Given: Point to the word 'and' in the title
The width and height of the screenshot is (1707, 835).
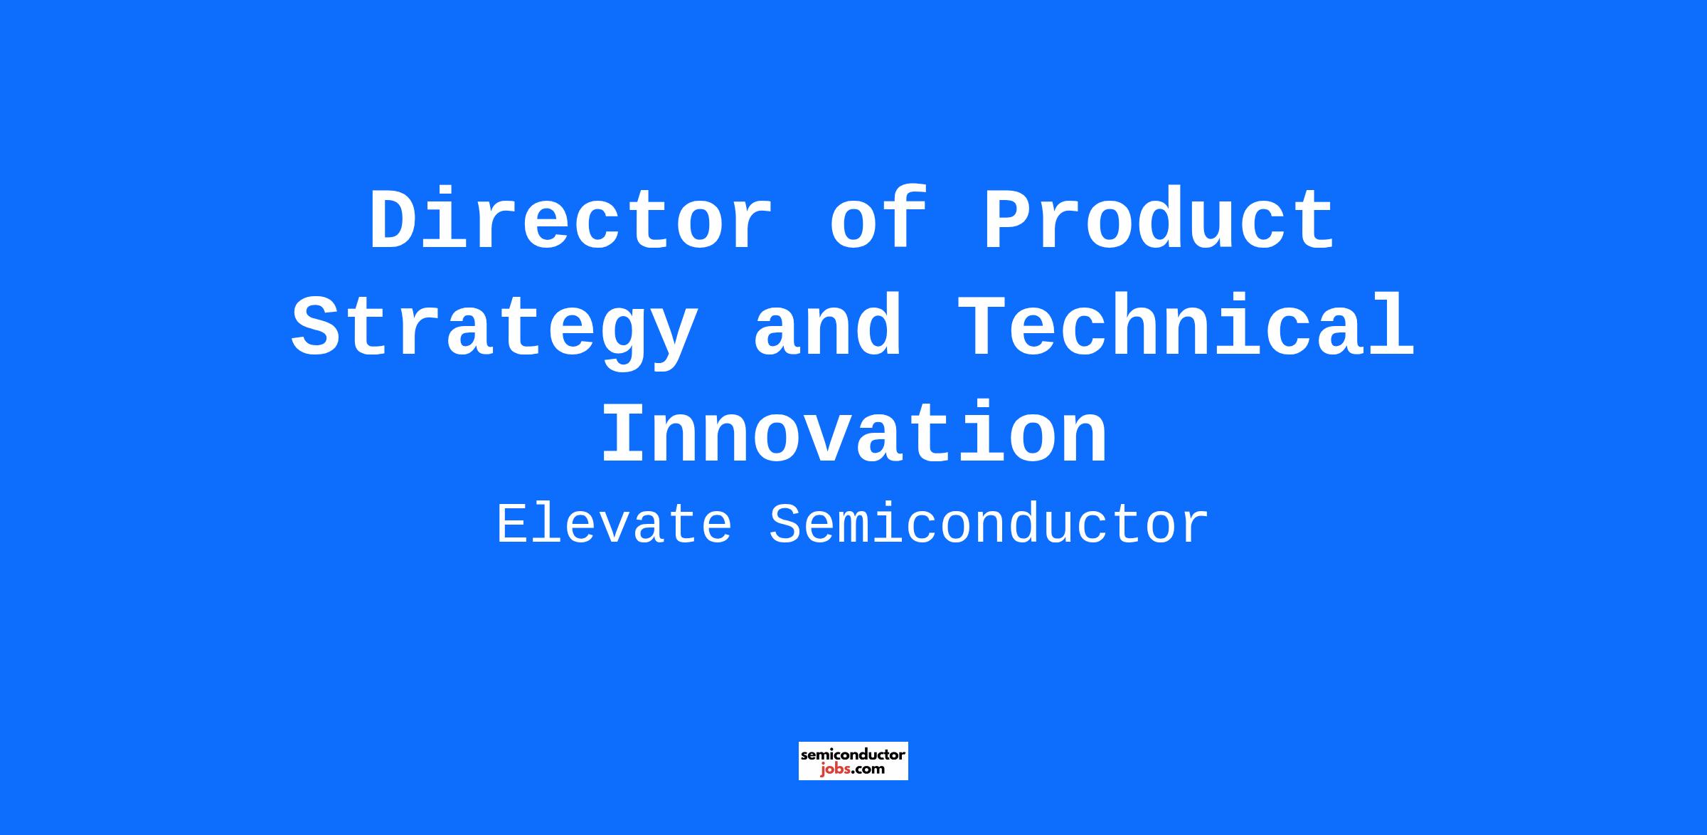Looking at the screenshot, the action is [x=827, y=327].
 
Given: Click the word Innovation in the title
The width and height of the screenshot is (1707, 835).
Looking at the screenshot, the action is [x=854, y=433].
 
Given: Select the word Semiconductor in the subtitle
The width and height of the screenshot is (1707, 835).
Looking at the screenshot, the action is [x=989, y=525].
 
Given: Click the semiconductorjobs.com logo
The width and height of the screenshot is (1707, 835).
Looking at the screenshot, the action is [x=853, y=761].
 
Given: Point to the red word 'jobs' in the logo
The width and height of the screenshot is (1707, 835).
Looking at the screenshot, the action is [x=835, y=769].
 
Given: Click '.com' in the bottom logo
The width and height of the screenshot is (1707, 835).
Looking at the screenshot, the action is [x=868, y=769].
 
